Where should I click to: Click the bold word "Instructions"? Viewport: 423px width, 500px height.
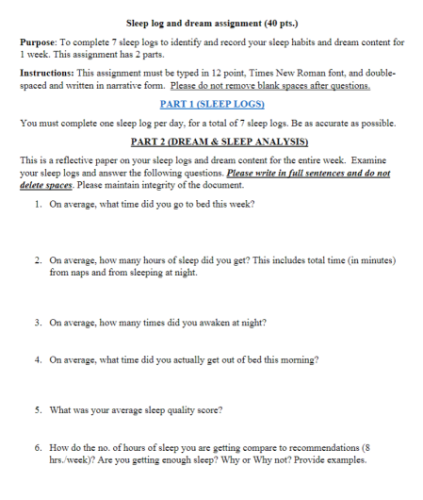48,72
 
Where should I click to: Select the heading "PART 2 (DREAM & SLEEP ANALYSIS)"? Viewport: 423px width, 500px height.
211,142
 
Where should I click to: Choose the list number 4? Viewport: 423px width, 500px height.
36,359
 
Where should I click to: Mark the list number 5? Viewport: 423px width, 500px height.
36,410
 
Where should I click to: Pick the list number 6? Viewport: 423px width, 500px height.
36,449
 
